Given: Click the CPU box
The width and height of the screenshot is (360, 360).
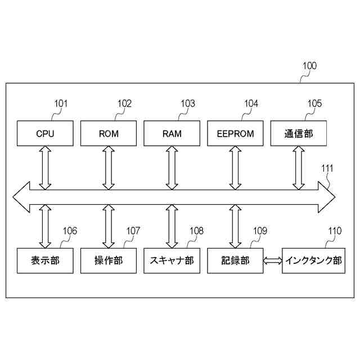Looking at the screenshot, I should click(45, 134).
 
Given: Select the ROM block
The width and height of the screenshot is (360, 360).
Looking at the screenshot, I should click(109, 134).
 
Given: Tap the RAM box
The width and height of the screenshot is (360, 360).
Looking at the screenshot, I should click(172, 134).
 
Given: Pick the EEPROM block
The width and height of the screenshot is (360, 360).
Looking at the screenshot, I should click(235, 134).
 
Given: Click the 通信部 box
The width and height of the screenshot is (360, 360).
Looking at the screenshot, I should click(299, 134).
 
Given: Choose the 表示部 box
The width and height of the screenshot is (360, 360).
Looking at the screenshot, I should click(45, 260).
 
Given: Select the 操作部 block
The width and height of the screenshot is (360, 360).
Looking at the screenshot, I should click(109, 260).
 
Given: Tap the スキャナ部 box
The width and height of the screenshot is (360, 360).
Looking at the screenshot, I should click(172, 260).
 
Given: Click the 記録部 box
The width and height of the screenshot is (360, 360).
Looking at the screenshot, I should click(235, 260).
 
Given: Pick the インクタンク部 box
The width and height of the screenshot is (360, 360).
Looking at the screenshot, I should click(313, 260).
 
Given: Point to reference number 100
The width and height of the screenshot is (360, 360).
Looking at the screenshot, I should click(309, 66).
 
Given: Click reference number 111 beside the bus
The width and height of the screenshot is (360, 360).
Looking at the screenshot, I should click(327, 168).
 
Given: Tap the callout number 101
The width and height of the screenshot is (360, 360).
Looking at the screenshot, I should click(61, 103).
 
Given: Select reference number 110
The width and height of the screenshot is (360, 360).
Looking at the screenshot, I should click(335, 231).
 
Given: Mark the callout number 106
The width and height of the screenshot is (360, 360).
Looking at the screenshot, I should click(70, 231).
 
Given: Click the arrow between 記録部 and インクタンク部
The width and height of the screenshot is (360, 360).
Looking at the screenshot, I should click(273, 260).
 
